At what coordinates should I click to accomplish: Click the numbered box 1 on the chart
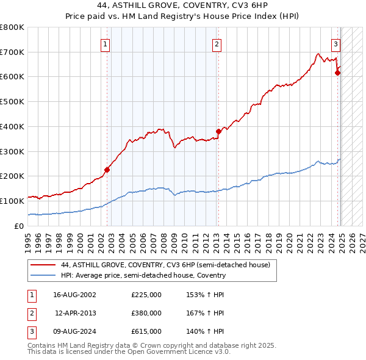[106, 44]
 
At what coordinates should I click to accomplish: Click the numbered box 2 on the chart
[217, 44]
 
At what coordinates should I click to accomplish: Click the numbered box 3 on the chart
[335, 44]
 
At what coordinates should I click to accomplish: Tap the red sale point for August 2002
[107, 170]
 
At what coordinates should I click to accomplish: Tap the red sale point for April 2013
[218, 131]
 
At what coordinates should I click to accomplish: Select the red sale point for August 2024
[337, 73]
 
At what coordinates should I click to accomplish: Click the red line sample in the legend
[43, 265]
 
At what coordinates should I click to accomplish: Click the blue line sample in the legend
[43, 275]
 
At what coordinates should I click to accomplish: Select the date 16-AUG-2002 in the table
[74, 295]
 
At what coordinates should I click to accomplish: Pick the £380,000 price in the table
[146, 313]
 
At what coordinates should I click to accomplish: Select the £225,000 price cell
[146, 295]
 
